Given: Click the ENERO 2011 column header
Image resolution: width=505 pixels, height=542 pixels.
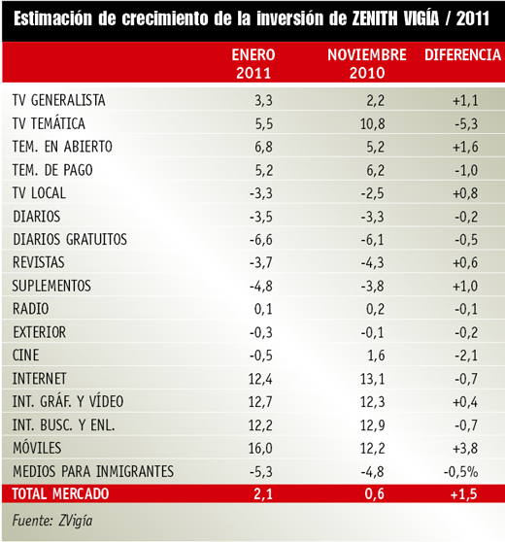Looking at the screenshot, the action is [x=253, y=64].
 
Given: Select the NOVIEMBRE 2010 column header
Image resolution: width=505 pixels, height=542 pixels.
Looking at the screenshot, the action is [x=367, y=64].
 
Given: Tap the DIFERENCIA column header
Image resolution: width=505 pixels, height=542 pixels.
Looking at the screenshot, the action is [x=463, y=55].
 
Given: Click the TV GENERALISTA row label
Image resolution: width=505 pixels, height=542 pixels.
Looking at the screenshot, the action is [x=59, y=100].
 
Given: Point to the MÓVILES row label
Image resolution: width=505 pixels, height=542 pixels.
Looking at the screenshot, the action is [x=37, y=448].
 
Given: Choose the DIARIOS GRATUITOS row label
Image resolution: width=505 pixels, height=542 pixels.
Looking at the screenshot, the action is [x=70, y=239].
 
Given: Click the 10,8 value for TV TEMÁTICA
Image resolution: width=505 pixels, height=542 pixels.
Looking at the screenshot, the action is [x=373, y=123].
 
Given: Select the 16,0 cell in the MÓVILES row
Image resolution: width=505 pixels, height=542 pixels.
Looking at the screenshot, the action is [x=260, y=449].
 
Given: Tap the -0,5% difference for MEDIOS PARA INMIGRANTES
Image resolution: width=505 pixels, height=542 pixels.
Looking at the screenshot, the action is [x=460, y=471].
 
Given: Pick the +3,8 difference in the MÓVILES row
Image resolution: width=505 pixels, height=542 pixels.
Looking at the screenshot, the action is [x=465, y=449].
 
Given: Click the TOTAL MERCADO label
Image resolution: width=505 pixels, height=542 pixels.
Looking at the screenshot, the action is [x=60, y=493].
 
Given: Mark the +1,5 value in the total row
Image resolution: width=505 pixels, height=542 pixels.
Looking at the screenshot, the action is [x=464, y=494].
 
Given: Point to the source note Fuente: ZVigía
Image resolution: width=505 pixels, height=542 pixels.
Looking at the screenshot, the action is [x=52, y=521].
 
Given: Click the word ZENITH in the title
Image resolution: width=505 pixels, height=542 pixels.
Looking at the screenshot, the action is [x=375, y=18].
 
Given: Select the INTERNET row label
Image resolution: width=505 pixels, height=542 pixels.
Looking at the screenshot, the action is [x=40, y=379].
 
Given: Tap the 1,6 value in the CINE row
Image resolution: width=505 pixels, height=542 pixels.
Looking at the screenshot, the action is [x=376, y=356].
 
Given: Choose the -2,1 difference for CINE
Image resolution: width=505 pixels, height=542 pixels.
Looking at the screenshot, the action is [x=466, y=356].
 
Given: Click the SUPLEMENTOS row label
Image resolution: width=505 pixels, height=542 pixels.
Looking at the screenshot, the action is [x=51, y=286].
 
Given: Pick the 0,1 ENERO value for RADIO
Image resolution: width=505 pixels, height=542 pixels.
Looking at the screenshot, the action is [x=263, y=309].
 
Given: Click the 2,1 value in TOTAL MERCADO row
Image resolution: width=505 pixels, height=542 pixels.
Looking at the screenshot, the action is [x=263, y=494].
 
